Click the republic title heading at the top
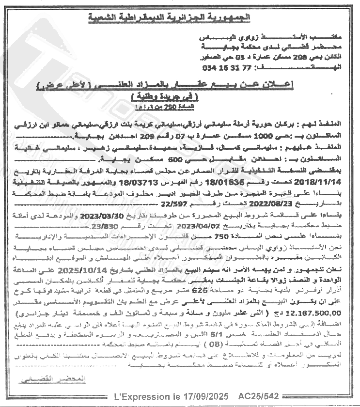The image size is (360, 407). pyautogui.click(x=180, y=18)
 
